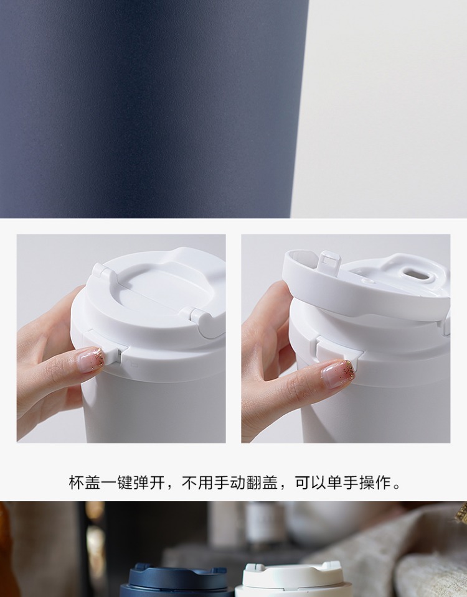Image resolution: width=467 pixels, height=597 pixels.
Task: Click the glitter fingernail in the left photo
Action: (x=91, y=359)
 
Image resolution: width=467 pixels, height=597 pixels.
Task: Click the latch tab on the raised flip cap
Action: (x=330, y=262)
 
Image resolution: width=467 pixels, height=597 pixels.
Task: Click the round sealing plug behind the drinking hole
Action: (x=367, y=280)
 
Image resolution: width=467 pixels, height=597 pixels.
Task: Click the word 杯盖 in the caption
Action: (x=85, y=483)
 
